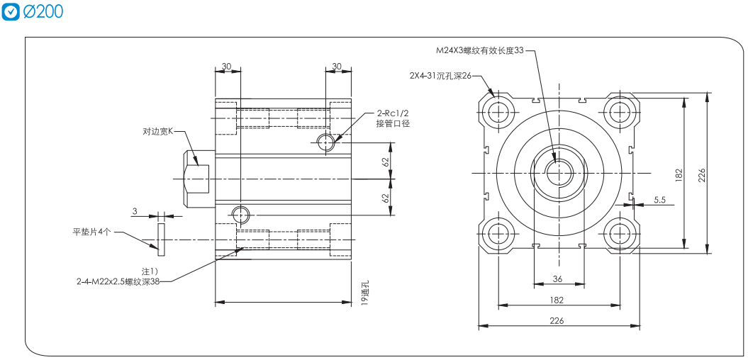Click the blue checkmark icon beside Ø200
click(x=11, y=12)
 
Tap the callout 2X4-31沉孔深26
click(x=440, y=75)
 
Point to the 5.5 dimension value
click(x=659, y=201)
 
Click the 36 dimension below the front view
click(x=557, y=279)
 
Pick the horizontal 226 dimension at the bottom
click(x=557, y=320)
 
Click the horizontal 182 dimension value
click(x=557, y=300)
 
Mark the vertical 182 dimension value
click(x=679, y=174)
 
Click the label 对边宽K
click(x=158, y=131)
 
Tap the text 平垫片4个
click(x=93, y=232)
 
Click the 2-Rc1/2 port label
click(x=393, y=113)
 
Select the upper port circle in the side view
click(x=326, y=142)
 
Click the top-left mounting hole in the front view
click(x=501, y=109)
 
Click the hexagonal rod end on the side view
click(x=196, y=173)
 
